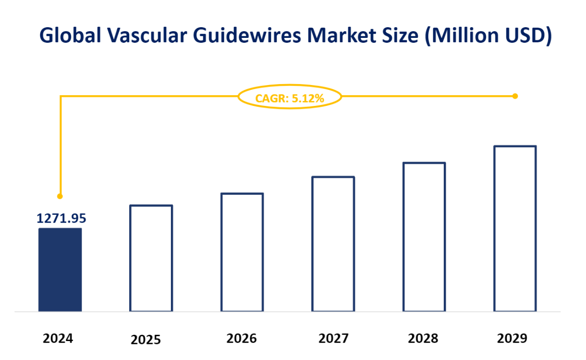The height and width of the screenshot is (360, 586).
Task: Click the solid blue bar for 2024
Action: click(x=60, y=270)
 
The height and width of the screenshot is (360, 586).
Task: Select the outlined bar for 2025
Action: click(x=151, y=258)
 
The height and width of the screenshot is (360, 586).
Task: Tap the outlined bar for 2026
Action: click(x=242, y=252)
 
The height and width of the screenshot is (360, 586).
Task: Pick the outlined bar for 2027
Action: click(x=333, y=244)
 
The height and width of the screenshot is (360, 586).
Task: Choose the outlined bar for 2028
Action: click(x=424, y=237)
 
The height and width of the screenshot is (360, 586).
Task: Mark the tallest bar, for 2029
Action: click(x=515, y=228)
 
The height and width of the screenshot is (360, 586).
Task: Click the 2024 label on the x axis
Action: click(x=58, y=338)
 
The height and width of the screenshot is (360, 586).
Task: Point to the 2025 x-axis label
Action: click(x=146, y=340)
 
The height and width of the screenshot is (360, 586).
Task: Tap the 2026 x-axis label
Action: click(x=241, y=338)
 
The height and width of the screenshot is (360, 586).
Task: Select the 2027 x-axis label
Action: click(x=333, y=338)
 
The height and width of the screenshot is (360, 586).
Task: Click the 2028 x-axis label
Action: click(x=423, y=338)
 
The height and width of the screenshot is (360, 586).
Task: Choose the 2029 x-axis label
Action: click(x=512, y=338)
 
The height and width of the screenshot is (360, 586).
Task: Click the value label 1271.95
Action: click(x=61, y=218)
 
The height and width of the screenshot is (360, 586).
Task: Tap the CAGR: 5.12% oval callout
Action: click(x=289, y=98)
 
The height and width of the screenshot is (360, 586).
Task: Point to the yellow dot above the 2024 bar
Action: click(x=60, y=196)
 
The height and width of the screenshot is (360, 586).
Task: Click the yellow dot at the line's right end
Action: click(x=515, y=96)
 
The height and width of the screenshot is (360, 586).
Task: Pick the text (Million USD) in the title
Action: click(x=487, y=36)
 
